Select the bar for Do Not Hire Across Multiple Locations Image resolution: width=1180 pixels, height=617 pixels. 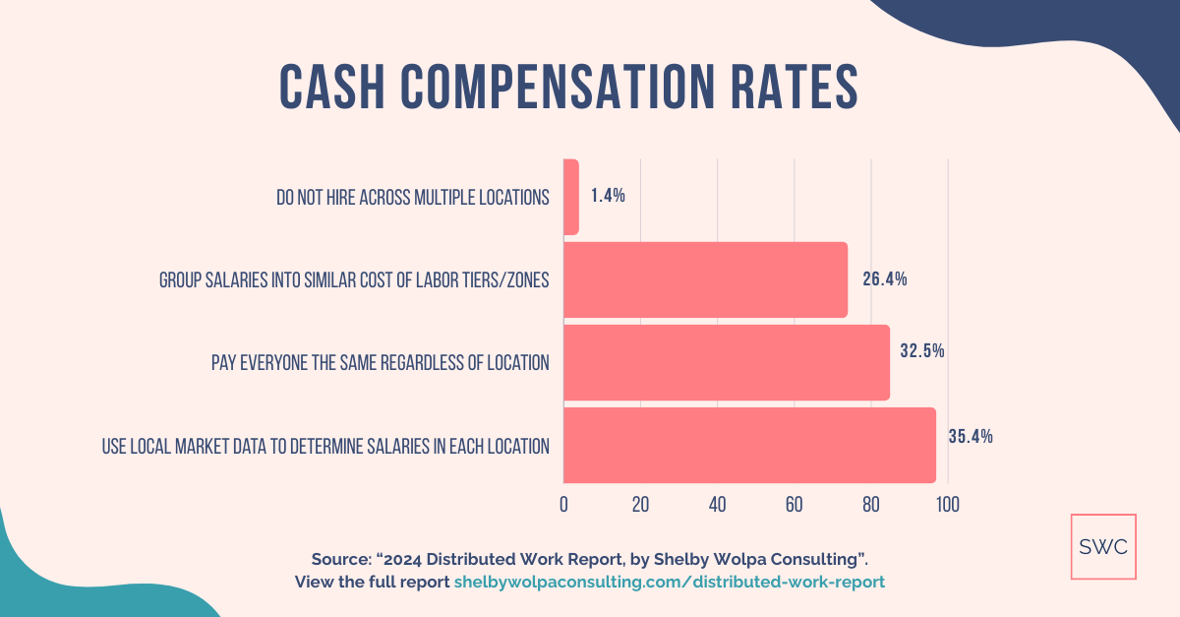tap(571, 197)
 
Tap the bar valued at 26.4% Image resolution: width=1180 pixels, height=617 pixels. tap(705, 279)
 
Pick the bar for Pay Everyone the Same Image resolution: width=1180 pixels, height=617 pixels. tap(726, 362)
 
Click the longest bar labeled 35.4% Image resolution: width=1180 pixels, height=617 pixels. tap(749, 445)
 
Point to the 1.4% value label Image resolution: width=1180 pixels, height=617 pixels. tap(608, 196)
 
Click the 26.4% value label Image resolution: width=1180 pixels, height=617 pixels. tap(884, 279)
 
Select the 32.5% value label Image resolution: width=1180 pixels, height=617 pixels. tap(922, 350)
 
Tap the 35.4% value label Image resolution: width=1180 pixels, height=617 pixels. tap(970, 437)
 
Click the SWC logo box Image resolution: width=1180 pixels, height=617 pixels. tap(1103, 547)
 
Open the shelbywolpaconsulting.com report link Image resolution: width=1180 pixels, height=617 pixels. tap(669, 582)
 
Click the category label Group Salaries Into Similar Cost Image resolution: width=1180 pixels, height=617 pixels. tap(354, 280)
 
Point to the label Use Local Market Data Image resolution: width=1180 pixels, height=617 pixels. tap(325, 446)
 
